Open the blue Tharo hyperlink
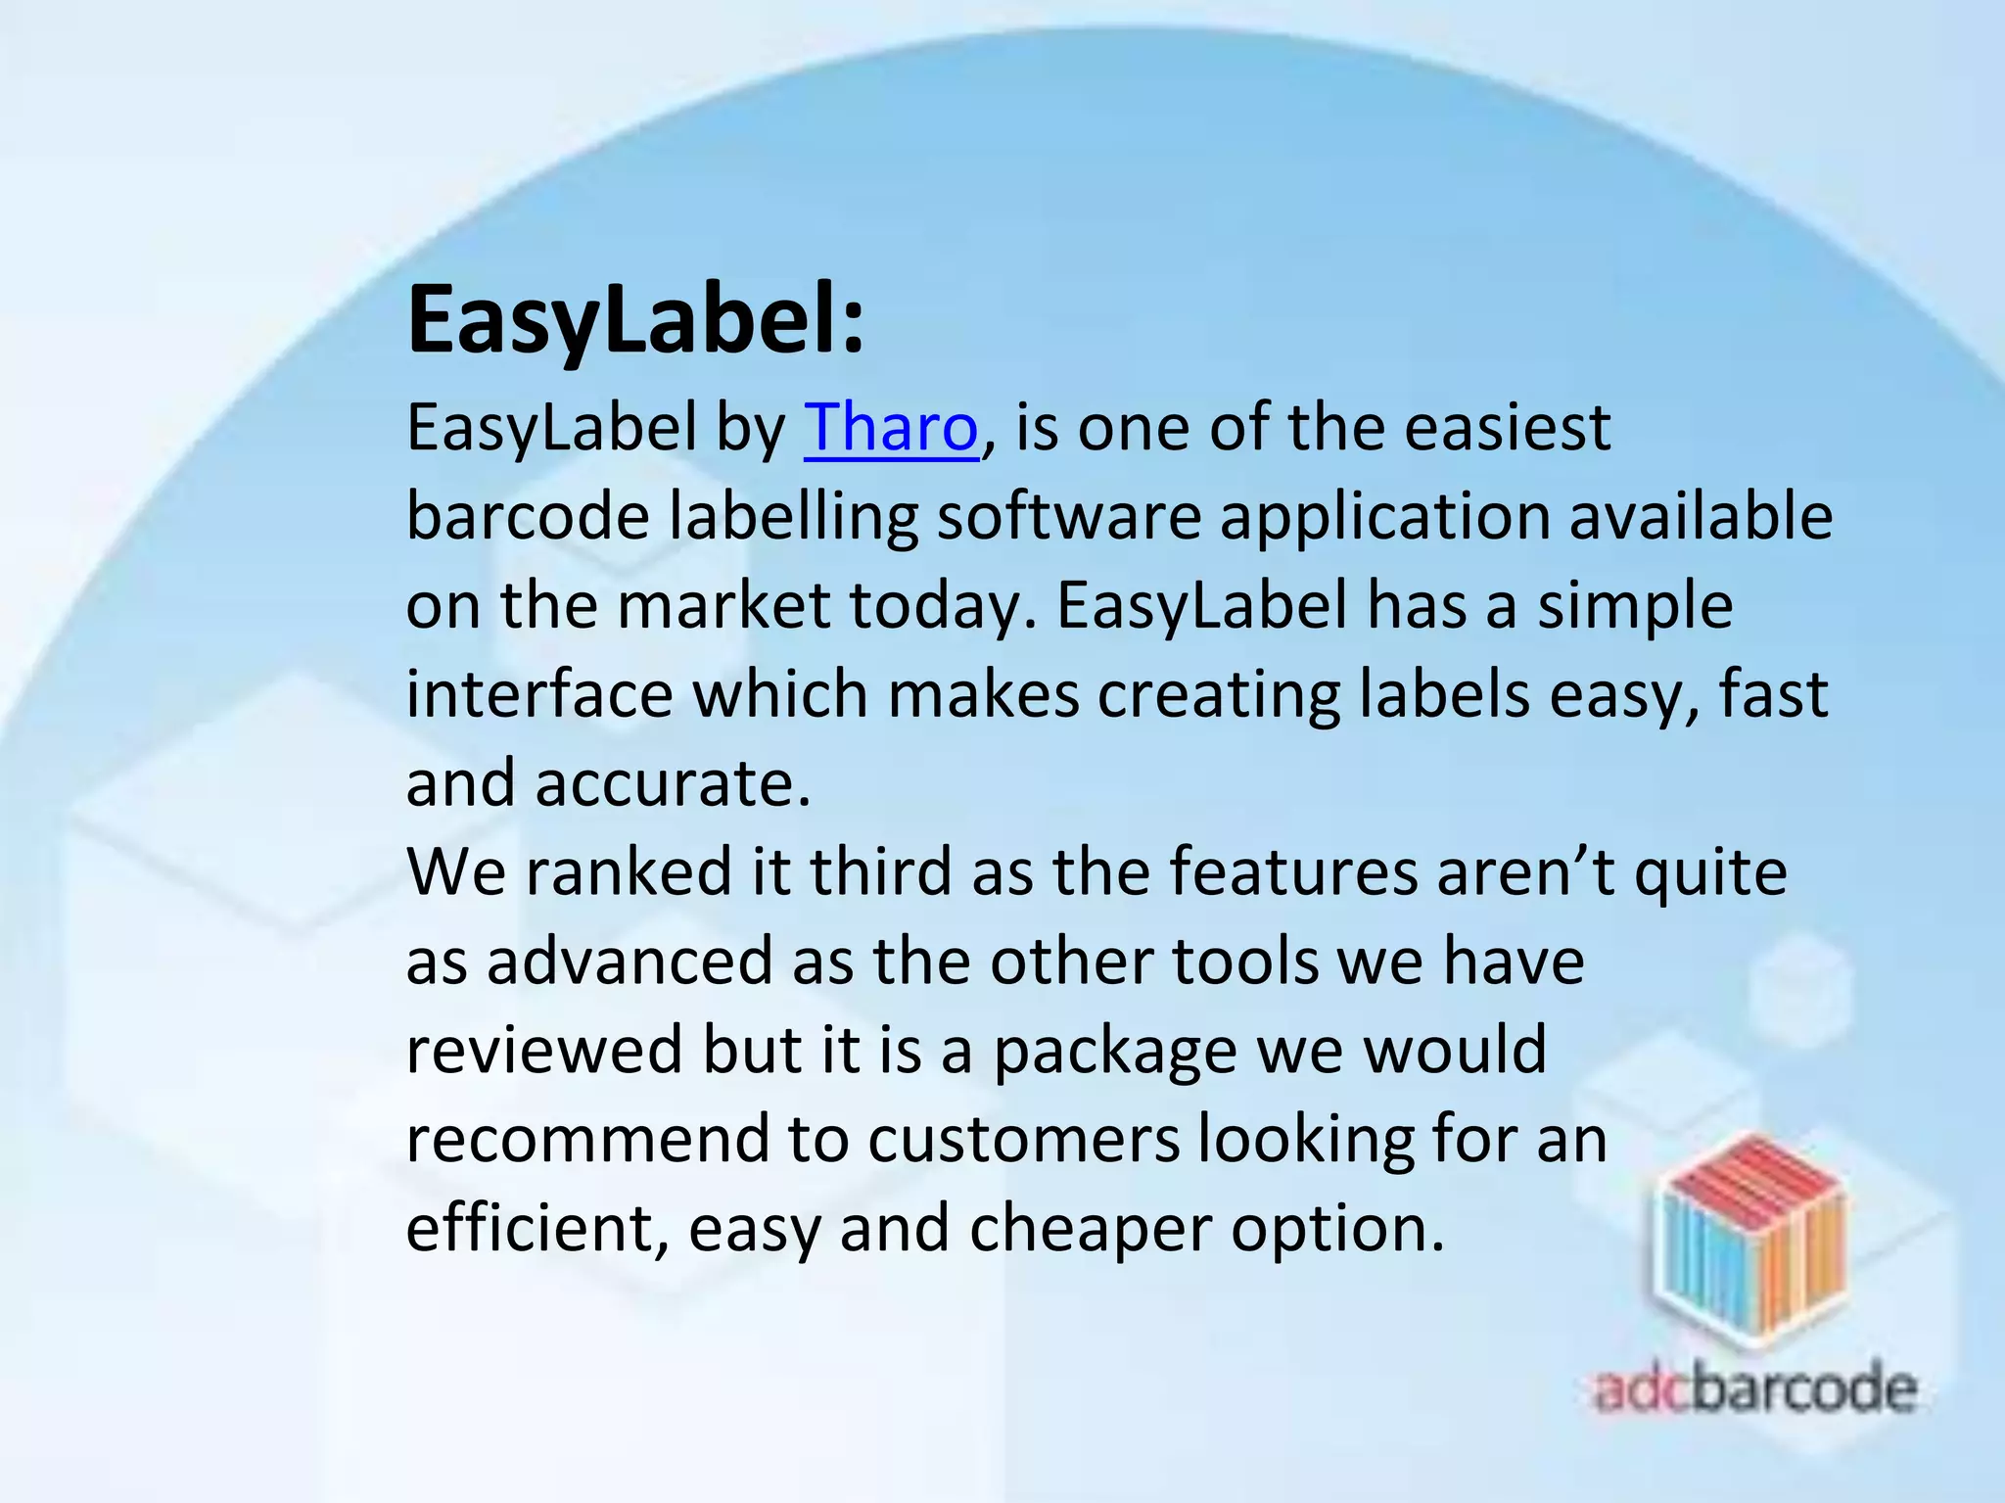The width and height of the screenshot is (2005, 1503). [x=890, y=428]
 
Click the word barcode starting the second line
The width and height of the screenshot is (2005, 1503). [x=527, y=516]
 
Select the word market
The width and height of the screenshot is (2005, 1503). [x=723, y=605]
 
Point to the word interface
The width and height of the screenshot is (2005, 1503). [x=539, y=694]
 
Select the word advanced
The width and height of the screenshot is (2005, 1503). [x=629, y=961]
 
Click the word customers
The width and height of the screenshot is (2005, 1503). [x=1023, y=1139]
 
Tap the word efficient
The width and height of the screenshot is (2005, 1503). [x=528, y=1228]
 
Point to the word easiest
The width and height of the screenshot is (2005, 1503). [x=1507, y=428]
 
